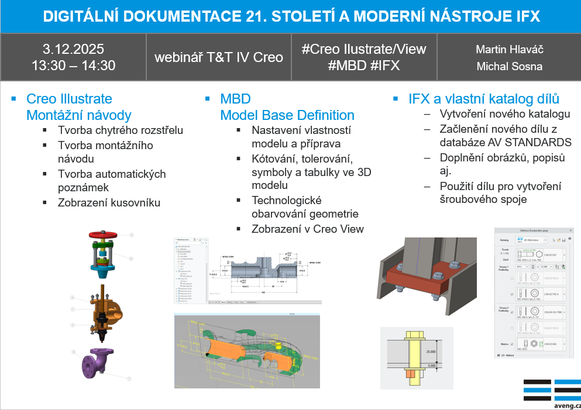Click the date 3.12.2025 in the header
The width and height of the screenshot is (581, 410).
point(73,49)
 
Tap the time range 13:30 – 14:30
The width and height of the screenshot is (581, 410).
point(73,65)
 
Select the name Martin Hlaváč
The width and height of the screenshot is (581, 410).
point(509,49)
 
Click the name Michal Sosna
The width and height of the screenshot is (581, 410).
point(509,66)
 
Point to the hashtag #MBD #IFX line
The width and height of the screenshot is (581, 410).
point(363,66)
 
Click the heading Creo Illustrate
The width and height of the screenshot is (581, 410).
point(69,99)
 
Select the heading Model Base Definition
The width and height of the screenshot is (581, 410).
point(287,115)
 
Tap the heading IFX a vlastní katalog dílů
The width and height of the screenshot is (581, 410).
point(483,98)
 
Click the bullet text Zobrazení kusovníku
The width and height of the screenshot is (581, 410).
point(109,203)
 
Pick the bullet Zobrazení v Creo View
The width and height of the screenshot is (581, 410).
point(307,229)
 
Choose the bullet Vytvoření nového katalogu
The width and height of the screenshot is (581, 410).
point(505,113)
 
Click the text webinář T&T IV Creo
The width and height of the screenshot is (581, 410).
point(218,57)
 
